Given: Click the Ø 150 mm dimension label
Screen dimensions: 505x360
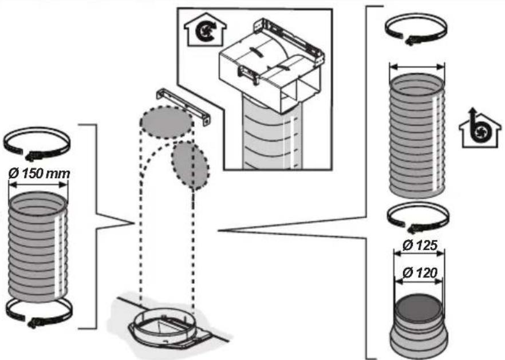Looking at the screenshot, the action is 39,173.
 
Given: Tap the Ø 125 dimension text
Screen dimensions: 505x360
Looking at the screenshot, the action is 420,246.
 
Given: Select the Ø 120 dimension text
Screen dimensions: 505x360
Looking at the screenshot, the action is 420,273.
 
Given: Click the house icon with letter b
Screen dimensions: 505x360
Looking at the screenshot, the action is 480,128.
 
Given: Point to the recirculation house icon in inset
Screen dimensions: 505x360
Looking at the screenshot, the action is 205,29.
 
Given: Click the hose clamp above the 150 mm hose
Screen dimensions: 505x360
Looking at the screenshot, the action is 37,143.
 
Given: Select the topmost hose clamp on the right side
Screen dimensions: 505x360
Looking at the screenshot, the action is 416,29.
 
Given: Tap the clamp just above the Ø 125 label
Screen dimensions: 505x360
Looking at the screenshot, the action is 418,217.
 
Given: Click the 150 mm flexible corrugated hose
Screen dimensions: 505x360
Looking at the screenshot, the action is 38,247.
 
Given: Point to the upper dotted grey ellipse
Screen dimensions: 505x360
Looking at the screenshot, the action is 167,122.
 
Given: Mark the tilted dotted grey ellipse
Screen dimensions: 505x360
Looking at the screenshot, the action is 190,165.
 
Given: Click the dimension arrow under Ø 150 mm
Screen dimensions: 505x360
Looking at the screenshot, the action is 38,184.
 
